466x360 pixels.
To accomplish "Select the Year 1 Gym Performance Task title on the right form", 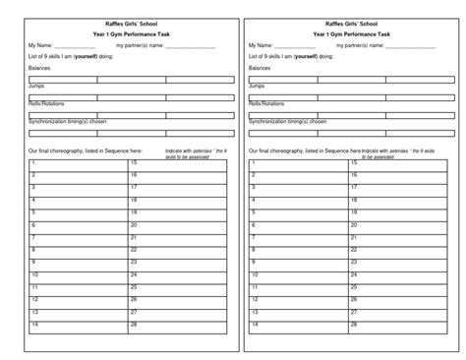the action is pos(352,33).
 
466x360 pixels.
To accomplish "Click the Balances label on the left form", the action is pos(41,68).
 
